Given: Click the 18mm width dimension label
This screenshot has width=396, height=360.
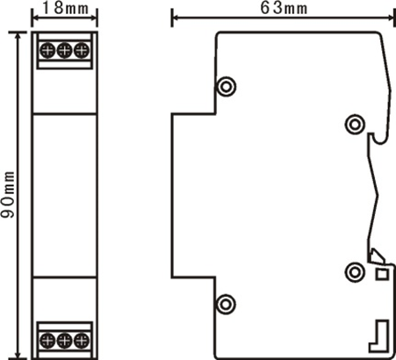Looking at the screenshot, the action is pyautogui.click(x=65, y=8).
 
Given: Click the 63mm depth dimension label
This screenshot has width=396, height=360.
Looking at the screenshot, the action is pyautogui.click(x=284, y=8).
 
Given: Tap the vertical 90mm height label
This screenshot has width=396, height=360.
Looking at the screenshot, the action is pyautogui.click(x=8, y=195).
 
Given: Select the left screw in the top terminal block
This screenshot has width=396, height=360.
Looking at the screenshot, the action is pyautogui.click(x=47, y=50).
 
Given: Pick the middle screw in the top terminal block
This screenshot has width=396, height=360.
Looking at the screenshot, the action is pyautogui.click(x=64, y=50).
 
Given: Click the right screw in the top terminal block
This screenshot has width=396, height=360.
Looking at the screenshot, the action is pyautogui.click(x=82, y=50).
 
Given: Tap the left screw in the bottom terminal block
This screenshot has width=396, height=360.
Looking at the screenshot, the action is pyautogui.click(x=47, y=341).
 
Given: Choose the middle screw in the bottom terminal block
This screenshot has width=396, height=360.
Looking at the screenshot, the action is pyautogui.click(x=64, y=341).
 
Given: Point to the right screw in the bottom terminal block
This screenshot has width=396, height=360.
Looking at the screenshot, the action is pyautogui.click(x=82, y=341).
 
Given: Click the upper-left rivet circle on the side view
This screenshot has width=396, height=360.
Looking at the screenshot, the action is pyautogui.click(x=226, y=86).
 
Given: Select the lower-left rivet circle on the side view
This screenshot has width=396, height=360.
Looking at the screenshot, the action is pyautogui.click(x=226, y=304).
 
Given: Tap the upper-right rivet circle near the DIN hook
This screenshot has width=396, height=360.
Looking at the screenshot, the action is pyautogui.click(x=355, y=125).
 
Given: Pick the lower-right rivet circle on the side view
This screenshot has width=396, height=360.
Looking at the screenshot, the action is pyautogui.click(x=355, y=272).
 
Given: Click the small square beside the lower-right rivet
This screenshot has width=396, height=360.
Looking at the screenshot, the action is pyautogui.click(x=382, y=275).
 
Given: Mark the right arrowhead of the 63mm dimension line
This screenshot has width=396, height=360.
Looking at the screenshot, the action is pyautogui.click(x=392, y=18).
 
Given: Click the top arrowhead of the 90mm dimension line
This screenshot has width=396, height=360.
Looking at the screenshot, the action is pyautogui.click(x=18, y=37).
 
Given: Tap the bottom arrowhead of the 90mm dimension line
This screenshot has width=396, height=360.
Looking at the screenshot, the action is pyautogui.click(x=18, y=353).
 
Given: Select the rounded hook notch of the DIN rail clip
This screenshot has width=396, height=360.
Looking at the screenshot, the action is pyautogui.click(x=379, y=139).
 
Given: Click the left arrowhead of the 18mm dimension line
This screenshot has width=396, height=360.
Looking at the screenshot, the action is pyautogui.click(x=36, y=18).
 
